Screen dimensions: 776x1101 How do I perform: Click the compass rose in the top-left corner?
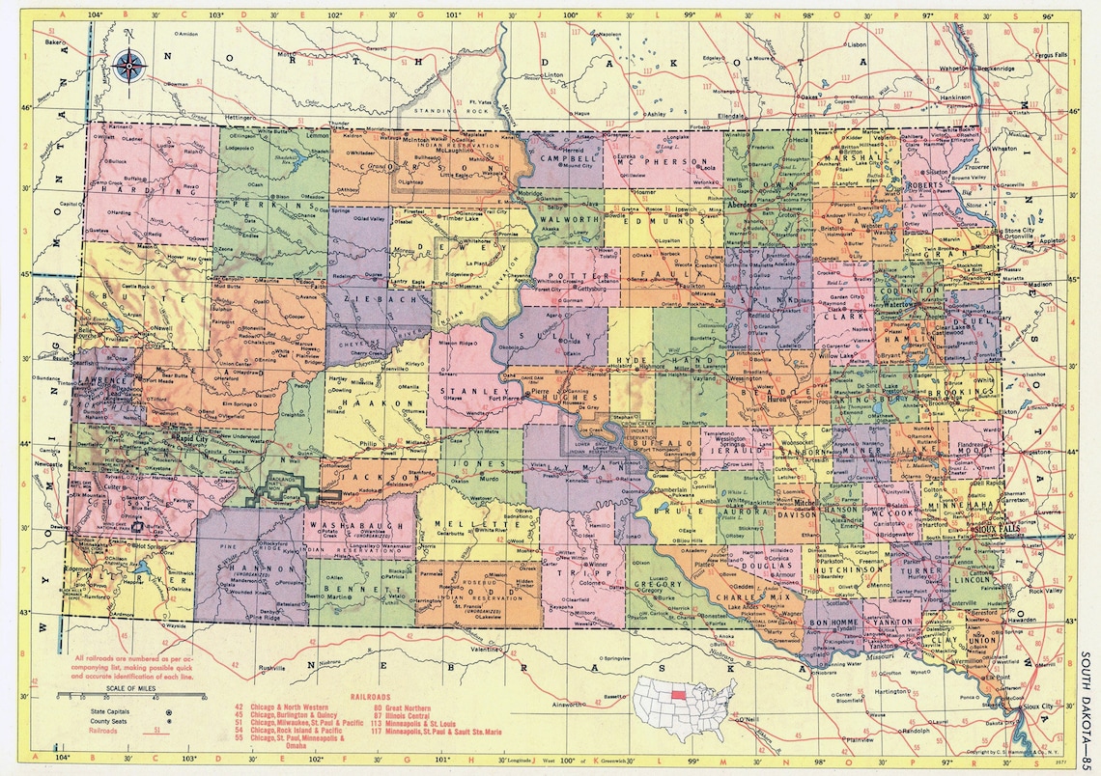point(129,66)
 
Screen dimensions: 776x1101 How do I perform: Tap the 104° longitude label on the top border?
point(93,15)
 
